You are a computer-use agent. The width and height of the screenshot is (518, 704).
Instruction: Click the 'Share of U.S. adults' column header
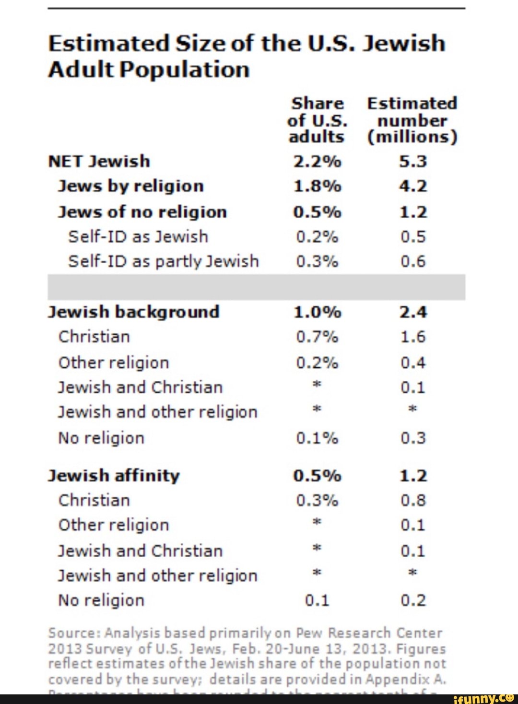point(317,120)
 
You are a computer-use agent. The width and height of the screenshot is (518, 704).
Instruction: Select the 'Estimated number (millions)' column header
point(412,120)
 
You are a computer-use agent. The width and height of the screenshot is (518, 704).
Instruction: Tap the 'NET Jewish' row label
point(99,161)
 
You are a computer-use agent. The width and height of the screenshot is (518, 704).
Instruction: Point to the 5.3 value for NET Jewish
point(413,161)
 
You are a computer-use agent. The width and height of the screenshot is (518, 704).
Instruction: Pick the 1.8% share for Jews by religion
point(317,186)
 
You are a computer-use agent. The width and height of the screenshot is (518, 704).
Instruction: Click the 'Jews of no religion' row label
point(142,212)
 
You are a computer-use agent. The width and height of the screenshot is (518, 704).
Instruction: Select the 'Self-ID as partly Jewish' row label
point(164,261)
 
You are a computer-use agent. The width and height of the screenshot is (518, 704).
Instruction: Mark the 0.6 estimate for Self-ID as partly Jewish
point(413,261)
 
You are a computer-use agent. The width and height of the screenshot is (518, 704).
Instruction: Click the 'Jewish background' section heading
point(134,312)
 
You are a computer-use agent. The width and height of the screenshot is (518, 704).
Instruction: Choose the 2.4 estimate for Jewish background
point(413,312)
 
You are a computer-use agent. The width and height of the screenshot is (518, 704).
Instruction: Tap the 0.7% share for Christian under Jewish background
point(317,337)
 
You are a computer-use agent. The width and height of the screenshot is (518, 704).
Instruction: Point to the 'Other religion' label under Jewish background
point(114,363)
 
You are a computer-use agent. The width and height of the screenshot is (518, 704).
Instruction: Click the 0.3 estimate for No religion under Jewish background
point(413,438)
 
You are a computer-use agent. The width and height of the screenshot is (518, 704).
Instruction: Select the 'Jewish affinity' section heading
point(114,475)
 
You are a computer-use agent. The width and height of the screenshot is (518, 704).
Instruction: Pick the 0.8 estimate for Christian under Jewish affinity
point(413,500)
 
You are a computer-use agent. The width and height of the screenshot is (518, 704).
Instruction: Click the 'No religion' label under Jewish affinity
point(101,600)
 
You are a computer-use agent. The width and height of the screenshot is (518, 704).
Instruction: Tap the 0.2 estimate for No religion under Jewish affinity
point(413,600)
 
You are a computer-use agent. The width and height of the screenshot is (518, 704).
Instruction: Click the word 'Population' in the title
point(185,70)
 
